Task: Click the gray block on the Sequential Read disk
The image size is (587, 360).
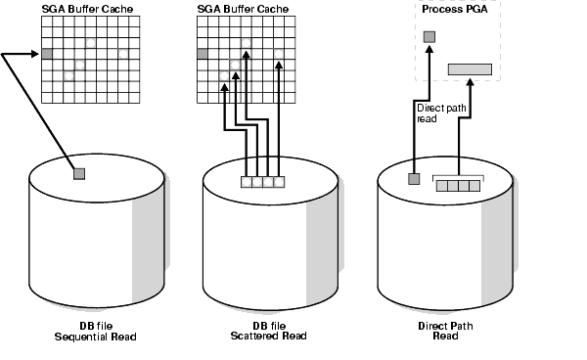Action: coord(79,173)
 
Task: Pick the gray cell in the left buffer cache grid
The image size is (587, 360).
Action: coord(46,54)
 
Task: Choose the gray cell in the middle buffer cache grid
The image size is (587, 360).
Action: coord(203,54)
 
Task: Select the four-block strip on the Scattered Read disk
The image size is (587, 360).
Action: coord(263,181)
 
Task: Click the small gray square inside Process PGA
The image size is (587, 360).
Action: coord(429,37)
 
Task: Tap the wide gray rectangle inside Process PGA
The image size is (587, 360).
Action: coord(471,68)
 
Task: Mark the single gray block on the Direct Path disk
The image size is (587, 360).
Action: coord(414,179)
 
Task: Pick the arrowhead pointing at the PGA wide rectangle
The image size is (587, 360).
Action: coord(471,80)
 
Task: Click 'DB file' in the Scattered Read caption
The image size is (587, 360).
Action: coord(254,325)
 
